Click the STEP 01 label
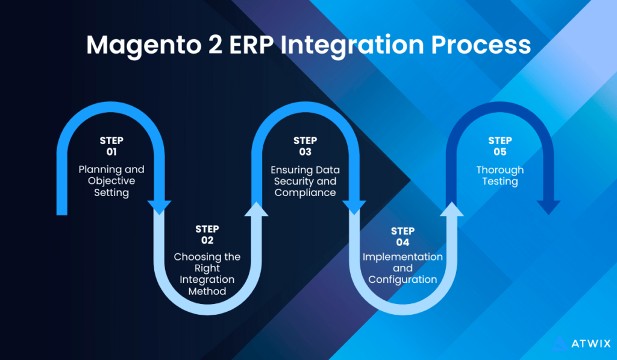(111, 147)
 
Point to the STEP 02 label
(207, 235)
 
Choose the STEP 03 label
(305, 147)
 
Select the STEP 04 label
(402, 236)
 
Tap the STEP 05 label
(500, 147)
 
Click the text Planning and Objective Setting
(111, 181)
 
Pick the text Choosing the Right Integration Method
(207, 274)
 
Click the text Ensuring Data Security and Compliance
(305, 181)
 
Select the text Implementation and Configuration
(402, 268)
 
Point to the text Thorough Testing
(500, 175)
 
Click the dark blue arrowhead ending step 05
(548, 206)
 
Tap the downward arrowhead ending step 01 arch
(159, 206)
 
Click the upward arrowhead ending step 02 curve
(257, 209)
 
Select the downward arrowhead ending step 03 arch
(354, 206)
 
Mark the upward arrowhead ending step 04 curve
(451, 209)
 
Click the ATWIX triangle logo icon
(560, 343)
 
